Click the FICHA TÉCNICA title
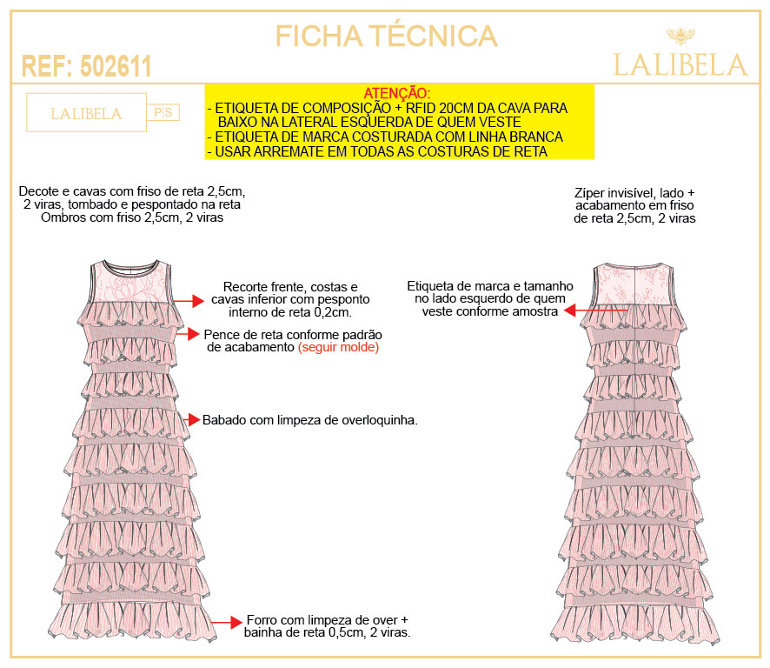pos(386,36)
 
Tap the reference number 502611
pos(116,66)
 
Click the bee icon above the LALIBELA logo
pos(680,36)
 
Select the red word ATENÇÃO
pos(397,93)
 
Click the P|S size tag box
pos(163,112)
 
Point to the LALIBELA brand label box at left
pos(86,112)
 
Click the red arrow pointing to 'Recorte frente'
pos(189,301)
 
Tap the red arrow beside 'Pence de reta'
pos(187,334)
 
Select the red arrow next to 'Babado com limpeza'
pos(192,420)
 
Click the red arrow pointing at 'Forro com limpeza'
pos(228,622)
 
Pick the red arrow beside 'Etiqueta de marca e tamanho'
pos(595,311)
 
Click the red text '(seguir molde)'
pos(338,347)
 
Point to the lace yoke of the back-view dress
pos(633,285)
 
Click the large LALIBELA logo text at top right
pos(680,65)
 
